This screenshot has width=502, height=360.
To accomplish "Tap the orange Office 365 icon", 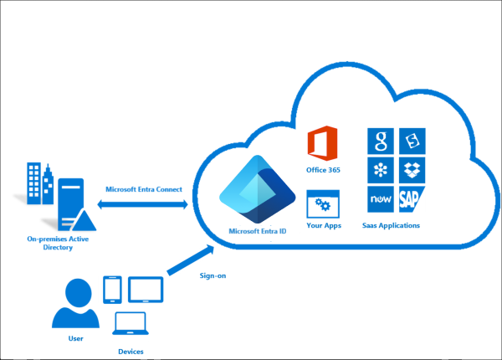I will [x=322, y=144].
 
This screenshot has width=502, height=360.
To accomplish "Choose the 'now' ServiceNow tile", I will [x=381, y=199].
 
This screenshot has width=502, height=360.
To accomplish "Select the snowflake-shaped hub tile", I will [x=381, y=170].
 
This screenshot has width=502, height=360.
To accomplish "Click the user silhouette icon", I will [x=75, y=304].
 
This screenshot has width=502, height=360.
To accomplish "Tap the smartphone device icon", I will [x=112, y=290].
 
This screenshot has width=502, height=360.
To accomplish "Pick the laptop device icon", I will [x=130, y=324].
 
